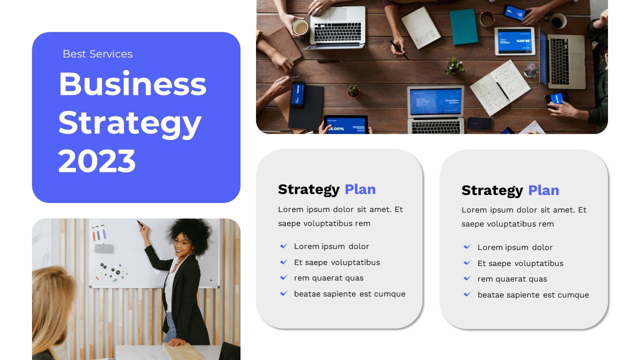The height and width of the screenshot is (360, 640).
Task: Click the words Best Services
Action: point(97,54)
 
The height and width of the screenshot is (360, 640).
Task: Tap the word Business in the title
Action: point(132,84)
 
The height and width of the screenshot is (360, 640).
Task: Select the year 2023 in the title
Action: point(97,161)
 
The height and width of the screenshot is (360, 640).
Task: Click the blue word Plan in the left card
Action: point(360,189)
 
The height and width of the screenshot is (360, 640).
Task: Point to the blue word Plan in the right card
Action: point(543,190)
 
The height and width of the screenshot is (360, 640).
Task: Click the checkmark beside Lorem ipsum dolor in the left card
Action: point(283,246)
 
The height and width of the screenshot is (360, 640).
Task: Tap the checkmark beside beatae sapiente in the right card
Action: point(467,294)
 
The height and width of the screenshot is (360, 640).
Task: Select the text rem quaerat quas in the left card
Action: point(328,278)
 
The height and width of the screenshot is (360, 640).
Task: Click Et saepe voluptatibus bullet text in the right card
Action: point(520,263)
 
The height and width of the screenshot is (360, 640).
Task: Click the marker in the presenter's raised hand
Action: point(141,223)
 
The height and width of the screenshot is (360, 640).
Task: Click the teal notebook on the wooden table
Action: point(463,26)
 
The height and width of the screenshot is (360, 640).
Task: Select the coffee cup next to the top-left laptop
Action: point(300,27)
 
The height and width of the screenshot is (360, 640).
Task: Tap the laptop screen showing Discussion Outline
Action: point(435,101)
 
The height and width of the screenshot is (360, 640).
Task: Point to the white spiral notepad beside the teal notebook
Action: point(420,27)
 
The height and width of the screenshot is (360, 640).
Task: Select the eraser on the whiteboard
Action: point(103,248)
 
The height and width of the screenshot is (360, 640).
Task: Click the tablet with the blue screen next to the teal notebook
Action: point(514,40)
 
